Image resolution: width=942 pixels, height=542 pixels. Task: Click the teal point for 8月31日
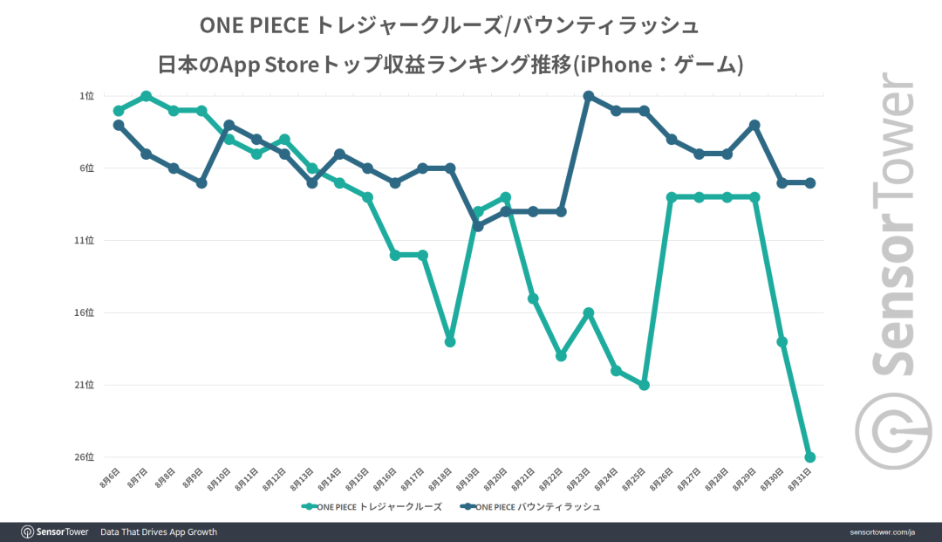click(x=809, y=457)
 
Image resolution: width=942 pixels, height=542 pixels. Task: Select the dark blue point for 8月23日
click(x=589, y=96)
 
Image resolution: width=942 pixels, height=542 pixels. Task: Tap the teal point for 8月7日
click(x=146, y=96)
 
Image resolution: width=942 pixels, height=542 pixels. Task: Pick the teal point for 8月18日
click(x=450, y=341)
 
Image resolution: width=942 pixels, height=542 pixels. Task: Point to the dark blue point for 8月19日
click(x=478, y=226)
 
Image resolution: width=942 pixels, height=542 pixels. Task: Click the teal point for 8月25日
click(x=644, y=385)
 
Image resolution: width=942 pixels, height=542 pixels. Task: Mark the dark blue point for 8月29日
click(x=754, y=125)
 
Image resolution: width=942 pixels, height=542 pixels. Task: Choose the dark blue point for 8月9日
click(x=201, y=182)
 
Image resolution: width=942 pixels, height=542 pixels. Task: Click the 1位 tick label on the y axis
click(x=88, y=96)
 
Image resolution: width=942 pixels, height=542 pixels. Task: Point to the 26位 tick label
click(x=85, y=457)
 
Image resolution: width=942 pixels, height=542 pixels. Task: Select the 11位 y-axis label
click(x=85, y=240)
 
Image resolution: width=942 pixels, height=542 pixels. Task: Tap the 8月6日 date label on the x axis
click(x=109, y=479)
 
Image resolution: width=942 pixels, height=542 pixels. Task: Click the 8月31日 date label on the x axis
click(x=801, y=479)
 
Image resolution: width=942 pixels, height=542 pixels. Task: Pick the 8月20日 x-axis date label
click(x=496, y=479)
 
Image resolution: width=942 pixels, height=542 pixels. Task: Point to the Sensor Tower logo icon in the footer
click(x=28, y=532)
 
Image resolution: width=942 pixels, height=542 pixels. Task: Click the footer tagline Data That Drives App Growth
click(x=159, y=532)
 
